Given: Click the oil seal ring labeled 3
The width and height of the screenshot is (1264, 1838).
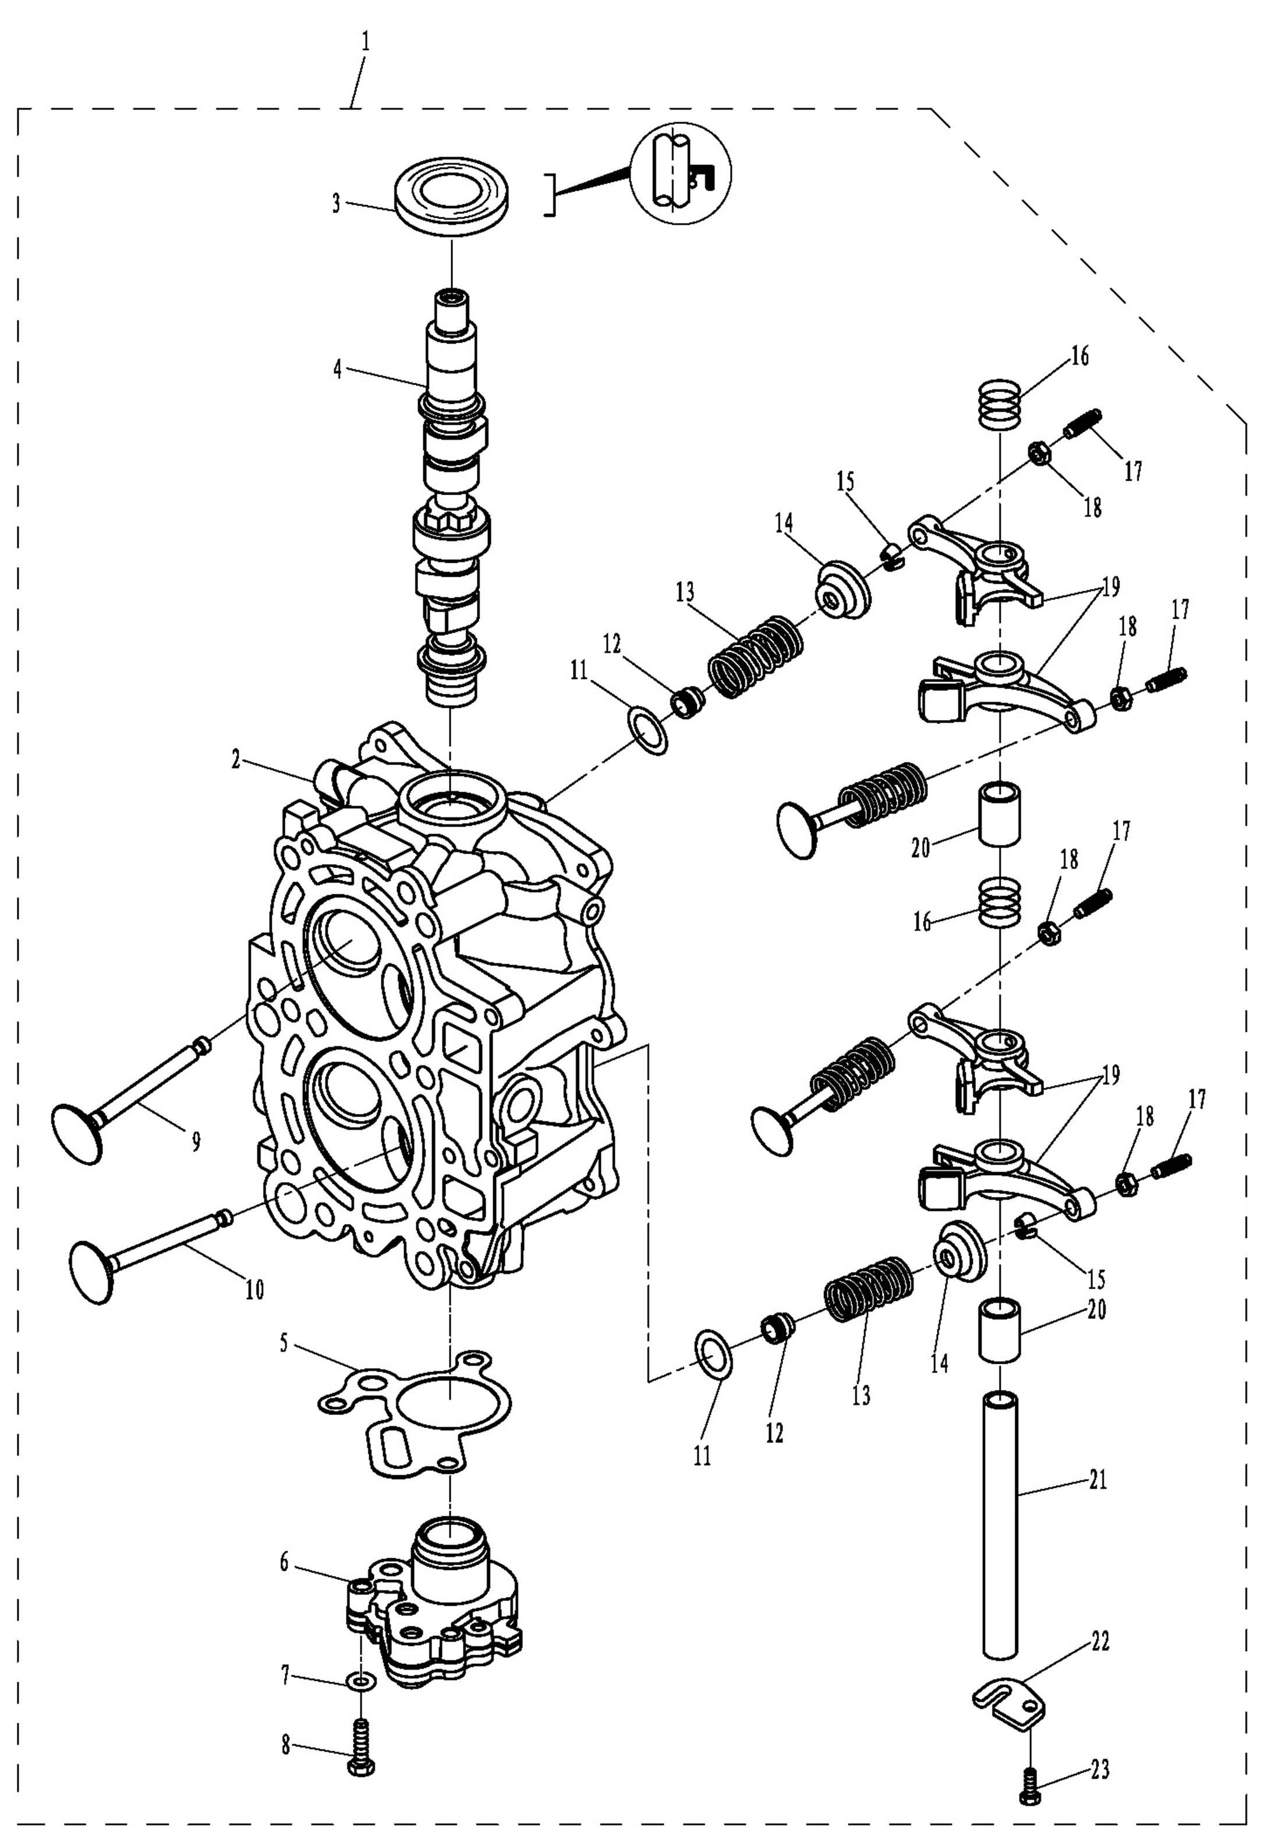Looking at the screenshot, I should coord(451,198).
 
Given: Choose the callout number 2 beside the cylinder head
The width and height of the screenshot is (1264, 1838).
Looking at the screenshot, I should coord(235,760).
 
